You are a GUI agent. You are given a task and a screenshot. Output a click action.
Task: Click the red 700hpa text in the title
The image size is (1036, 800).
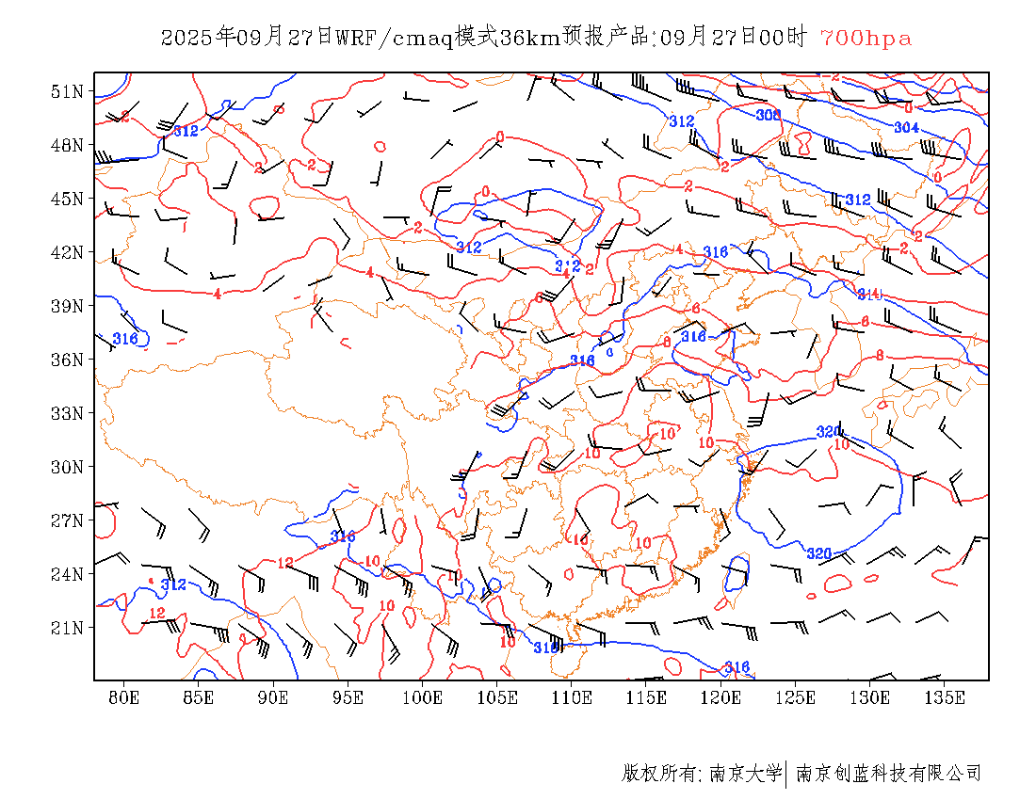(x=866, y=39)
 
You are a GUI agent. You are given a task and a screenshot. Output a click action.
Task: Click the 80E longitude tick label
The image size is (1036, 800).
(x=123, y=697)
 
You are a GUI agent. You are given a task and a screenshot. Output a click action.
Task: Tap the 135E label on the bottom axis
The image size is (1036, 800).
(x=945, y=697)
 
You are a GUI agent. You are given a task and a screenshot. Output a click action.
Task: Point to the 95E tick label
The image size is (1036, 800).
(x=348, y=697)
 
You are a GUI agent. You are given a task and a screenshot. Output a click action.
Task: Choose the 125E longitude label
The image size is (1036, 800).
(x=795, y=697)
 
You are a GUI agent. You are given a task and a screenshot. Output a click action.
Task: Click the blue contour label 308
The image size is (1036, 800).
(x=769, y=115)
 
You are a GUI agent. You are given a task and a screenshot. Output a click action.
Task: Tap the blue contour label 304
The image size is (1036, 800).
(x=906, y=127)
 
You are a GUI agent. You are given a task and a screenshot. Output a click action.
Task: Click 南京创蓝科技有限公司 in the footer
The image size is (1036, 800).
(x=889, y=774)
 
